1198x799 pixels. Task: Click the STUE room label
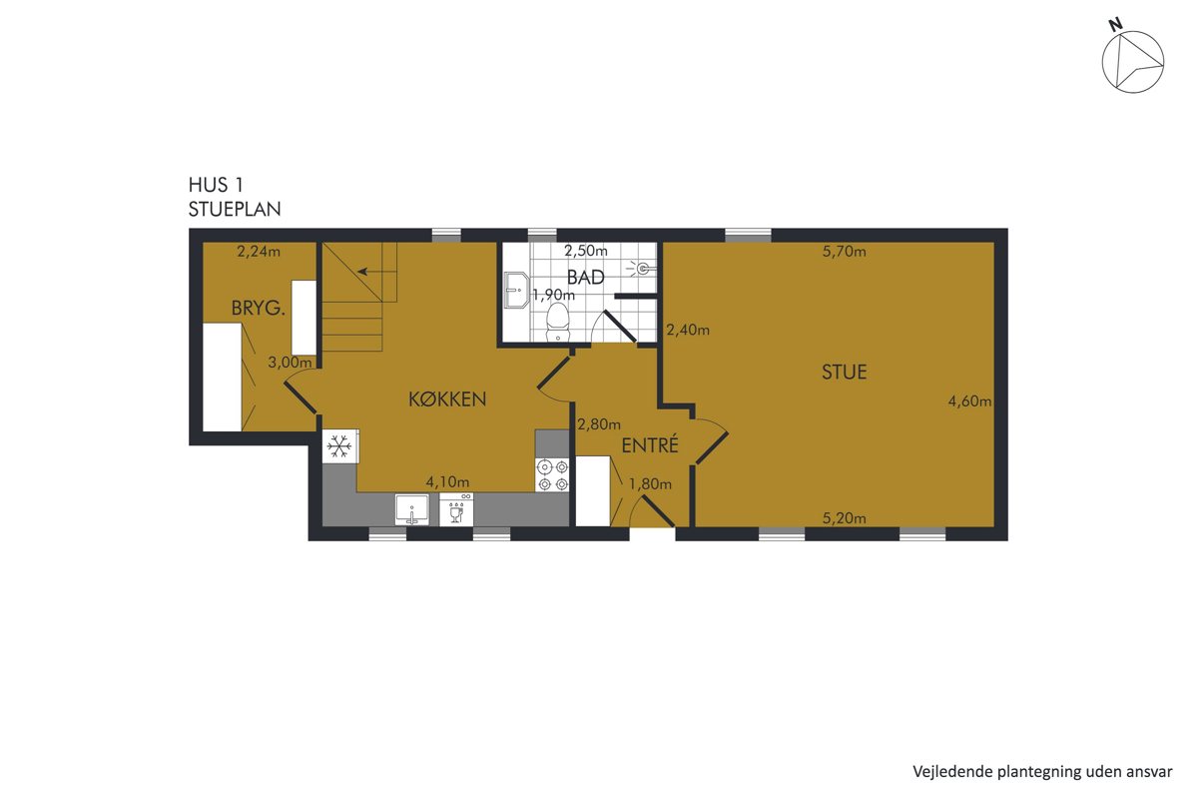pos(844,372)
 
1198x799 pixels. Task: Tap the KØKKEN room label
pos(447,399)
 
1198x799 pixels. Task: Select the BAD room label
pos(586,278)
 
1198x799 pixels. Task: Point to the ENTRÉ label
pos(650,444)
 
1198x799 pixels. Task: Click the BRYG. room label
pos(258,308)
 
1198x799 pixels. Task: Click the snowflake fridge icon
pos(339,445)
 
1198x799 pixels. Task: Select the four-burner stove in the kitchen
pos(552,474)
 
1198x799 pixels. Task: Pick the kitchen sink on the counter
pos(411,509)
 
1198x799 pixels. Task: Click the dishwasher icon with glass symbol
pos(455,509)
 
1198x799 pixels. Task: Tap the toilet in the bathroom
pos(558,322)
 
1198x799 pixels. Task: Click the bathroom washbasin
pos(516,290)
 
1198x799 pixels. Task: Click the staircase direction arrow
pos(377,272)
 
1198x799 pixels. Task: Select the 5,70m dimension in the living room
pos(844,251)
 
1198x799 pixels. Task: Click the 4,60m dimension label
pos(969,400)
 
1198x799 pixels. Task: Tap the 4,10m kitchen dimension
pos(447,481)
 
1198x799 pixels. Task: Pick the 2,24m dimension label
pos(259,251)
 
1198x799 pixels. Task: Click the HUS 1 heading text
pos(216,185)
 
